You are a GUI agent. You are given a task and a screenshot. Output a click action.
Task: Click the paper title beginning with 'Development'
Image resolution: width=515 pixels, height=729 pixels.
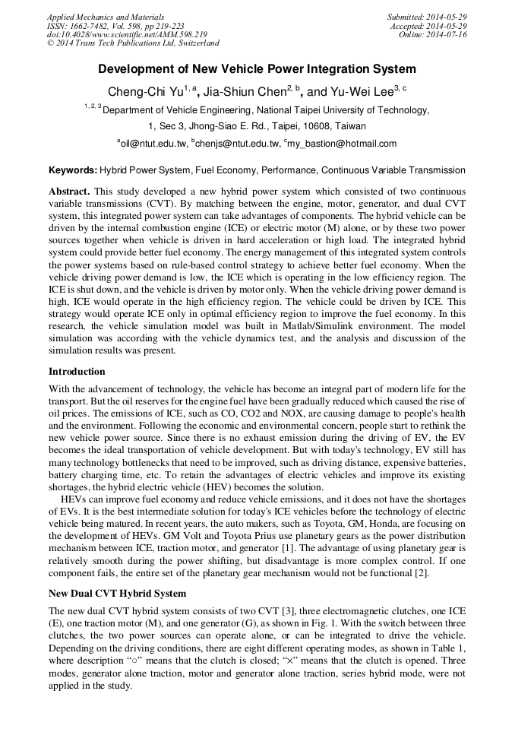click(257, 69)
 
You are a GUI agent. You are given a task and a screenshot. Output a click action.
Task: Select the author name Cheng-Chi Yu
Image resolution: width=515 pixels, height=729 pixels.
click(144, 92)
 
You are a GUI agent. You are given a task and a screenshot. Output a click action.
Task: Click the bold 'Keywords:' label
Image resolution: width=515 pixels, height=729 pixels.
click(73, 170)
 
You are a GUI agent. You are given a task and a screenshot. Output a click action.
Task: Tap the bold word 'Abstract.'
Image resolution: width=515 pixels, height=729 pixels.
click(70, 190)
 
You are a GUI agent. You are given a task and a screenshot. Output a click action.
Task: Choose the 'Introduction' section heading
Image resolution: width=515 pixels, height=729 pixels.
click(77, 372)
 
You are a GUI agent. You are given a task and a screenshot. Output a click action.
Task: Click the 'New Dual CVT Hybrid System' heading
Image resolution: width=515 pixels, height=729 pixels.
click(117, 592)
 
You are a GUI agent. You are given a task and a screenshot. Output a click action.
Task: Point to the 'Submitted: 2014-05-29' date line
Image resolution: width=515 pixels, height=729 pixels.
click(427, 17)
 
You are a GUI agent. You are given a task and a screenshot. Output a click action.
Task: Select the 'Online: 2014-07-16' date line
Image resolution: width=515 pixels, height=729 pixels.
click(433, 35)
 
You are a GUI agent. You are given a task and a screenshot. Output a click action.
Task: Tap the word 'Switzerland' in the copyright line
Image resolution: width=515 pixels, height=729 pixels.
click(191, 44)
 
